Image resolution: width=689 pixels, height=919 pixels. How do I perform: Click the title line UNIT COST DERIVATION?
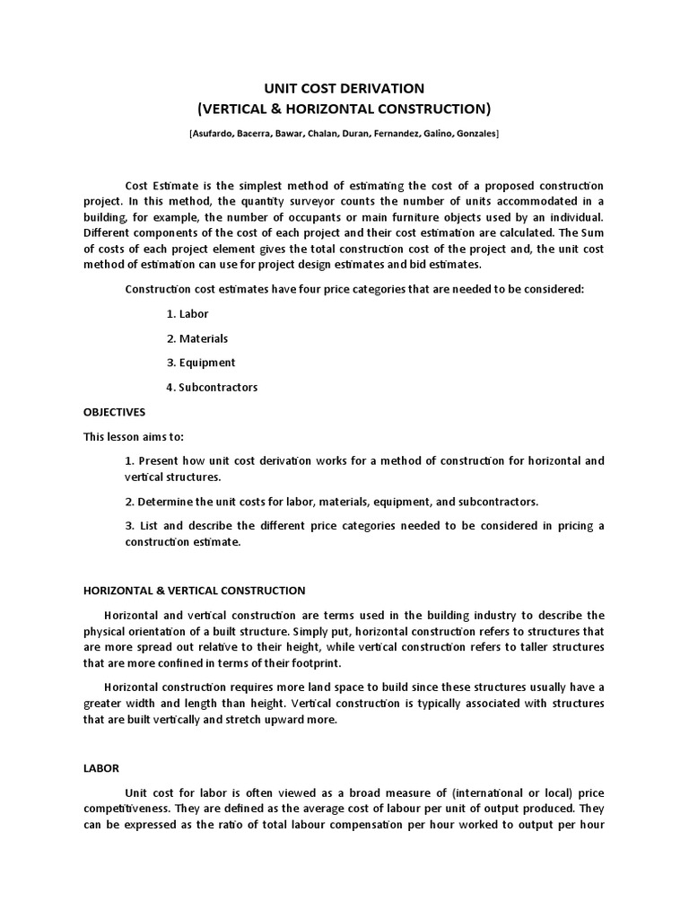coord(344,88)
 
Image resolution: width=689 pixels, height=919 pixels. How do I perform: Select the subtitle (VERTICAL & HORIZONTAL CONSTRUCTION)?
coord(344,109)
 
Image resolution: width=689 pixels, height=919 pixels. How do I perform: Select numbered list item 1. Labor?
coord(188,314)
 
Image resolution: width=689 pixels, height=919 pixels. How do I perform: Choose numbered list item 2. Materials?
coord(197,338)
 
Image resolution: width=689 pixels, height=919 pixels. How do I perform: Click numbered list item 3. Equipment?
coord(201,363)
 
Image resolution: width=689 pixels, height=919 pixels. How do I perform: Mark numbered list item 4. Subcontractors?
coord(212,388)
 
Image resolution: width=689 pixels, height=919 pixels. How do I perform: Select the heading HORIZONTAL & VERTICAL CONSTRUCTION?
coord(195,591)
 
